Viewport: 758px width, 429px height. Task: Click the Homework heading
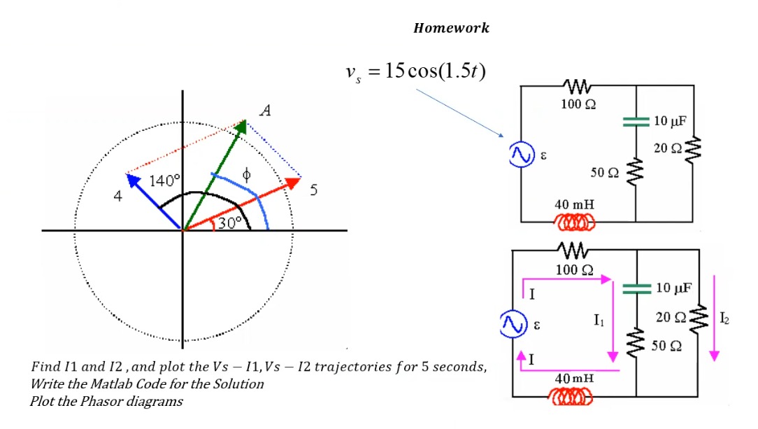[x=451, y=29]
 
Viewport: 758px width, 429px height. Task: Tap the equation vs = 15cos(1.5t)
[x=415, y=71]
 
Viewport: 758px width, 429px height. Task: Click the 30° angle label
[x=228, y=223]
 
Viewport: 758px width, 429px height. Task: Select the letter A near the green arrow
[x=265, y=110]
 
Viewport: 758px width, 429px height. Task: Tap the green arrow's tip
[x=244, y=123]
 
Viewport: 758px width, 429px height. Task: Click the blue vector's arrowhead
[x=129, y=176]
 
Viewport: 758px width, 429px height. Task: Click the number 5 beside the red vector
[x=314, y=189]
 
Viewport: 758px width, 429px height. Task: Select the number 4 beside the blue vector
[x=118, y=197]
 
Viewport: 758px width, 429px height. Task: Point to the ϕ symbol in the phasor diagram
[x=245, y=173]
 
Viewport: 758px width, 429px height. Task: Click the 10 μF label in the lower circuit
[x=675, y=288]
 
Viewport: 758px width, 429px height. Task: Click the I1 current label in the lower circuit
[x=599, y=320]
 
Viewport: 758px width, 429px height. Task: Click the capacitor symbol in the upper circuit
[x=636, y=121]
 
